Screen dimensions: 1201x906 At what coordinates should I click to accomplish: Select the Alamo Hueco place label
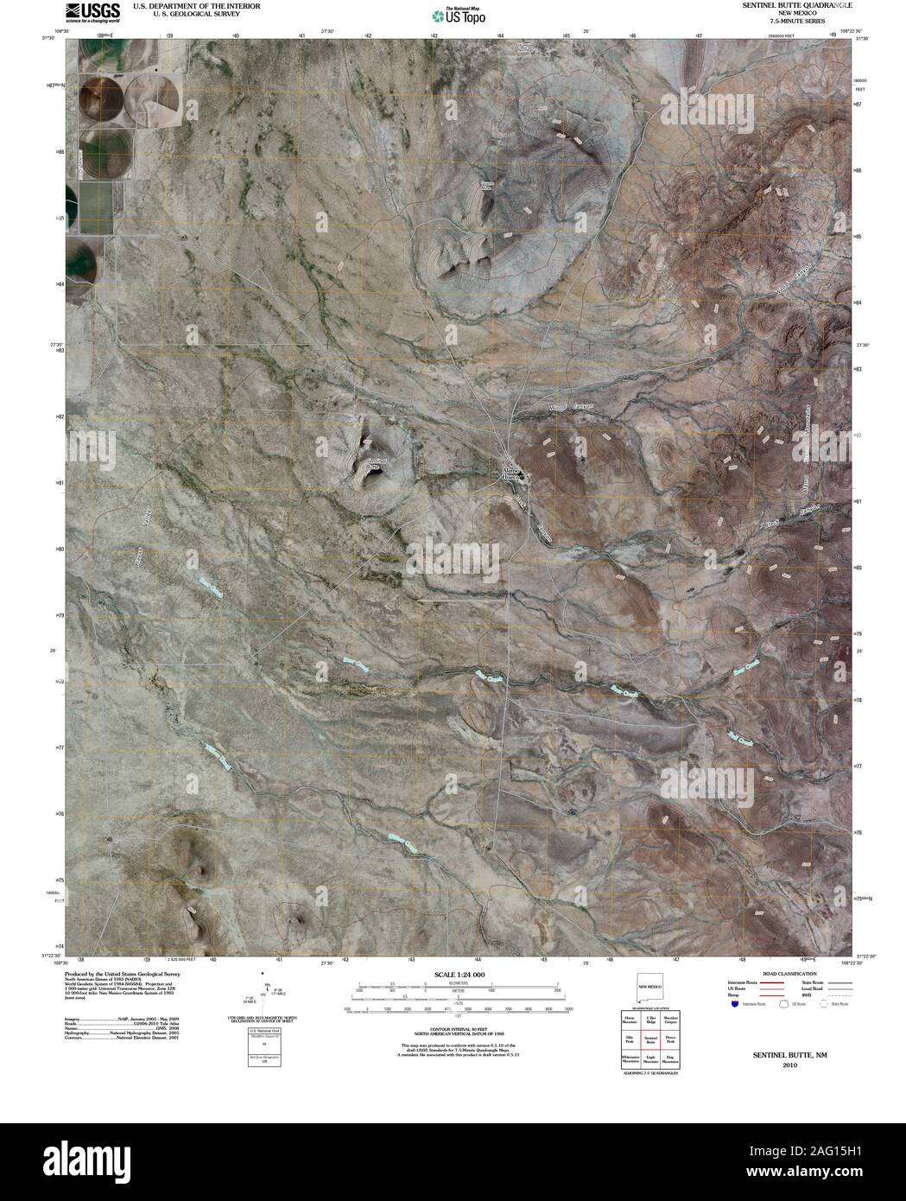point(512,473)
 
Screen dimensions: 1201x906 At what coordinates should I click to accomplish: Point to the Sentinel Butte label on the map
point(376,462)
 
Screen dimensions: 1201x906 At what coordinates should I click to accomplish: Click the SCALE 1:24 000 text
point(453,974)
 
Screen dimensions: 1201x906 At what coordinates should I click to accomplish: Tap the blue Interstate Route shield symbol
point(733,1005)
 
